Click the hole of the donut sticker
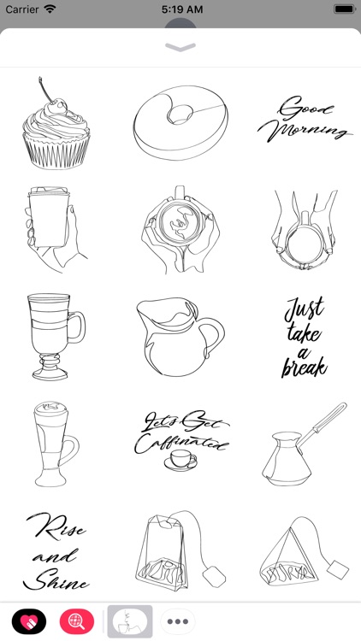coord(181,113)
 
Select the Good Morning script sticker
coord(305,121)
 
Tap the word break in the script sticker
coord(305,367)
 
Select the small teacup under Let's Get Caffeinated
coord(180,460)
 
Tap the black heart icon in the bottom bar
coord(29,621)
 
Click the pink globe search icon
coord(76,621)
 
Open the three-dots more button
coord(178,621)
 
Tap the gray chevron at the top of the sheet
coord(180,48)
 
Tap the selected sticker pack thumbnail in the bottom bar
coord(129,621)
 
